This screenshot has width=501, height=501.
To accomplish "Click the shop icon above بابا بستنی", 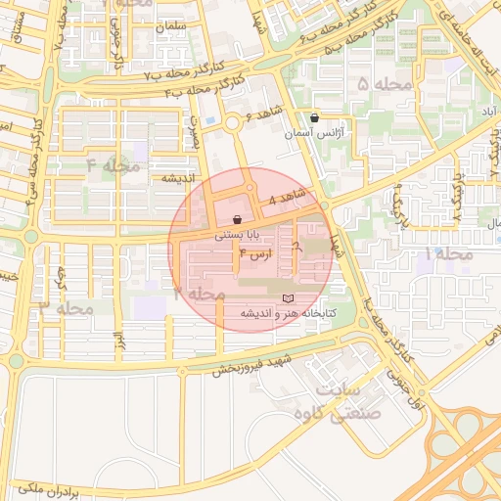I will pyautogui.click(x=238, y=220).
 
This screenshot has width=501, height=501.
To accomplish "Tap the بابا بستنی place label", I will pyautogui.click(x=241, y=235).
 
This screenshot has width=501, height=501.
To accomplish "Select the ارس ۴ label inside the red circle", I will pyautogui.click(x=255, y=254).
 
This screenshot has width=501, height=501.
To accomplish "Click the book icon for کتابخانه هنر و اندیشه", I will pyautogui.click(x=287, y=297).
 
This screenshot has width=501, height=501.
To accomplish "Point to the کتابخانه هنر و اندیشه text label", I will pyautogui.click(x=289, y=313).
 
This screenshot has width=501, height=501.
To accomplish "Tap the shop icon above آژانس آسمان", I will pyautogui.click(x=313, y=117).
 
